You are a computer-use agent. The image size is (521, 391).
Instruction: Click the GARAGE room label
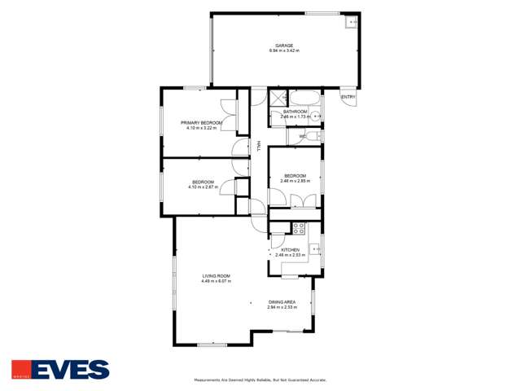(x=284, y=46)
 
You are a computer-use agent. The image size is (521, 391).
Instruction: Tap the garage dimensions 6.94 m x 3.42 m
(x=284, y=51)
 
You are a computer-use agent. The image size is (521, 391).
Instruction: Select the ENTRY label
(x=348, y=97)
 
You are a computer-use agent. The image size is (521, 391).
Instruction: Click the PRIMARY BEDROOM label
(x=201, y=123)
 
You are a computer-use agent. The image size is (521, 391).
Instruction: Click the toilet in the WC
(x=313, y=137)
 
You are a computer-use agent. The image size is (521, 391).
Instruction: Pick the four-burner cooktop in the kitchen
(x=298, y=228)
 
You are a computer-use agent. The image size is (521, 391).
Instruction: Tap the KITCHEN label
(x=291, y=250)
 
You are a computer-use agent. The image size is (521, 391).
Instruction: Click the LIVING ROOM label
(x=217, y=276)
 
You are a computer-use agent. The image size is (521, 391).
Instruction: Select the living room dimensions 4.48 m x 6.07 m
(x=217, y=281)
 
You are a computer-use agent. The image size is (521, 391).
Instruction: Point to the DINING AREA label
(x=282, y=302)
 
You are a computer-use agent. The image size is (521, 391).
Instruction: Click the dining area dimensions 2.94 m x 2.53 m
(x=282, y=307)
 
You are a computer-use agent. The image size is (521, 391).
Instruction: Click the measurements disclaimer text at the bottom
(x=260, y=380)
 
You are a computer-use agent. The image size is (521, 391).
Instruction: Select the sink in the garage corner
(x=351, y=22)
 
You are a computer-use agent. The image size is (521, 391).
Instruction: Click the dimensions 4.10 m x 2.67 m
(x=203, y=187)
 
